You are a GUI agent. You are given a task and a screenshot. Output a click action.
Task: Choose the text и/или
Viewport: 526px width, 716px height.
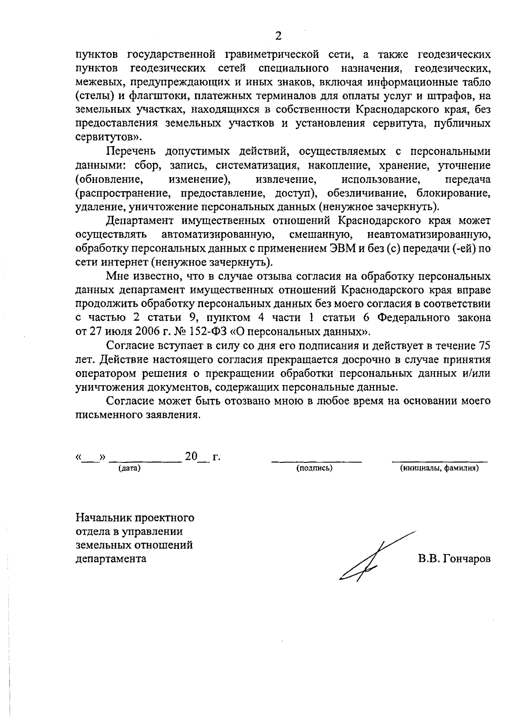click(476, 373)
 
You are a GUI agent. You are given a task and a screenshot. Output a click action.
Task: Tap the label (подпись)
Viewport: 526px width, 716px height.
click(314, 469)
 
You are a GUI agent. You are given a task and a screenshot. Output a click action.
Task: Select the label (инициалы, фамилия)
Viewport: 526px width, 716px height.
click(439, 469)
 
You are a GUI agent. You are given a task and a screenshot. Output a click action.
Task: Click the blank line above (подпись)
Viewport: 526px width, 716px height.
click(316, 461)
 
